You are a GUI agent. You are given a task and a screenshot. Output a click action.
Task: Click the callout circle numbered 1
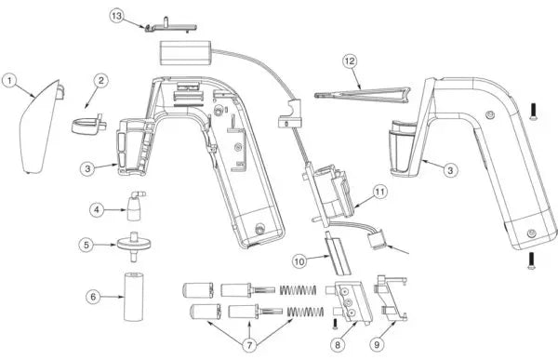pyautogui.click(x=9, y=81)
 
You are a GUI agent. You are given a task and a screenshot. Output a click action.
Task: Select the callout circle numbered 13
pyautogui.click(x=117, y=16)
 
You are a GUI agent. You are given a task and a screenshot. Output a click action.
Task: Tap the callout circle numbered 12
pyautogui.click(x=350, y=60)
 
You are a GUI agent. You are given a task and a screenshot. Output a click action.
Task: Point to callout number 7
pyautogui.click(x=249, y=345)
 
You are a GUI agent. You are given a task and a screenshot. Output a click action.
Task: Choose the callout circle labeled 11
pyautogui.click(x=380, y=192)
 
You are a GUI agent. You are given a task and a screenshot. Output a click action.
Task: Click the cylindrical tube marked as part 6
pyautogui.click(x=134, y=296)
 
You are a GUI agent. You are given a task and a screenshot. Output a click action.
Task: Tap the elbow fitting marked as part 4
pyautogui.click(x=135, y=207)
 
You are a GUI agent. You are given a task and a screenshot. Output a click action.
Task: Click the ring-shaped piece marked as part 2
pyautogui.click(x=88, y=125)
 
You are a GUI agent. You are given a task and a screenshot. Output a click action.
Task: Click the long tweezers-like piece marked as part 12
pyautogui.click(x=363, y=95)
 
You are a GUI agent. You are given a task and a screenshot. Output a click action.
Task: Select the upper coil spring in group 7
pyautogui.click(x=298, y=290)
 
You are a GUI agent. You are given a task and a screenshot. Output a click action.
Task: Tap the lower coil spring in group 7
pyautogui.click(x=305, y=312)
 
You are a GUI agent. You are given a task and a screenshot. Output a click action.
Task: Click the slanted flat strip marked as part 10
pyautogui.click(x=337, y=254)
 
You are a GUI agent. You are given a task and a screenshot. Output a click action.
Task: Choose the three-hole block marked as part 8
pyautogui.click(x=350, y=302)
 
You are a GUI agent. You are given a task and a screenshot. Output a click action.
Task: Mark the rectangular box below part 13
pyautogui.click(x=186, y=53)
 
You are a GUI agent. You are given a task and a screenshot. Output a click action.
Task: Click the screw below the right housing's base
pyautogui.click(x=531, y=261)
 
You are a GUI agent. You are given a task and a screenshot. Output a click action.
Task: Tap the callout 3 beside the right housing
pyautogui.click(x=450, y=170)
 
